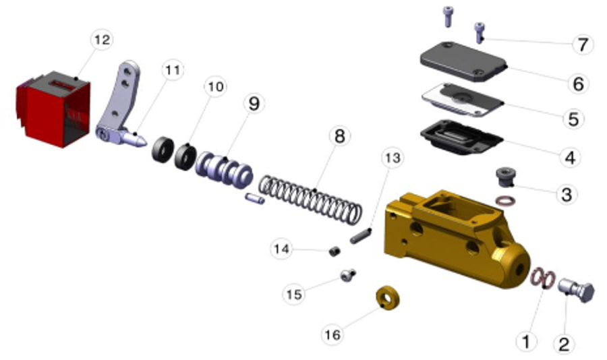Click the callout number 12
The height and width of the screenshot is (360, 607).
pos(101,40)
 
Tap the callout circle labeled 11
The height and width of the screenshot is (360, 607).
pos(173,70)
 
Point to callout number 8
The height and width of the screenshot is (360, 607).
pos(339,137)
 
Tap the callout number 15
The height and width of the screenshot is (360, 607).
pos(294,294)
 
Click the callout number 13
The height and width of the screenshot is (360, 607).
pos(392,158)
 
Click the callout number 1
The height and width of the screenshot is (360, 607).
pos(526,341)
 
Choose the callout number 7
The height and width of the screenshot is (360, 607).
pos(581,45)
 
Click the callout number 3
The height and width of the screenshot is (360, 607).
pos(566,195)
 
